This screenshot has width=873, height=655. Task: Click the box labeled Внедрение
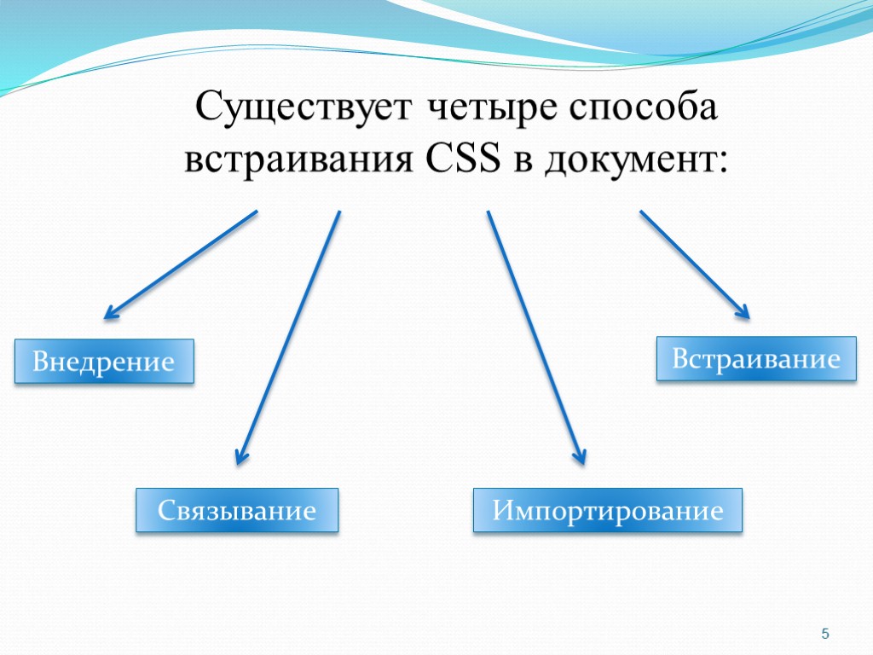pos(103,362)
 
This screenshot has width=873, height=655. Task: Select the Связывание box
pos(237,511)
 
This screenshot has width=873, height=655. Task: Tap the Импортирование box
pos(608,511)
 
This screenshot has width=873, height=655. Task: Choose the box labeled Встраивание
pos(755,358)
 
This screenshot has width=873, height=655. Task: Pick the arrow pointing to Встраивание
pos(692,263)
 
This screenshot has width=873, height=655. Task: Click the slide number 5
pos(824,634)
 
